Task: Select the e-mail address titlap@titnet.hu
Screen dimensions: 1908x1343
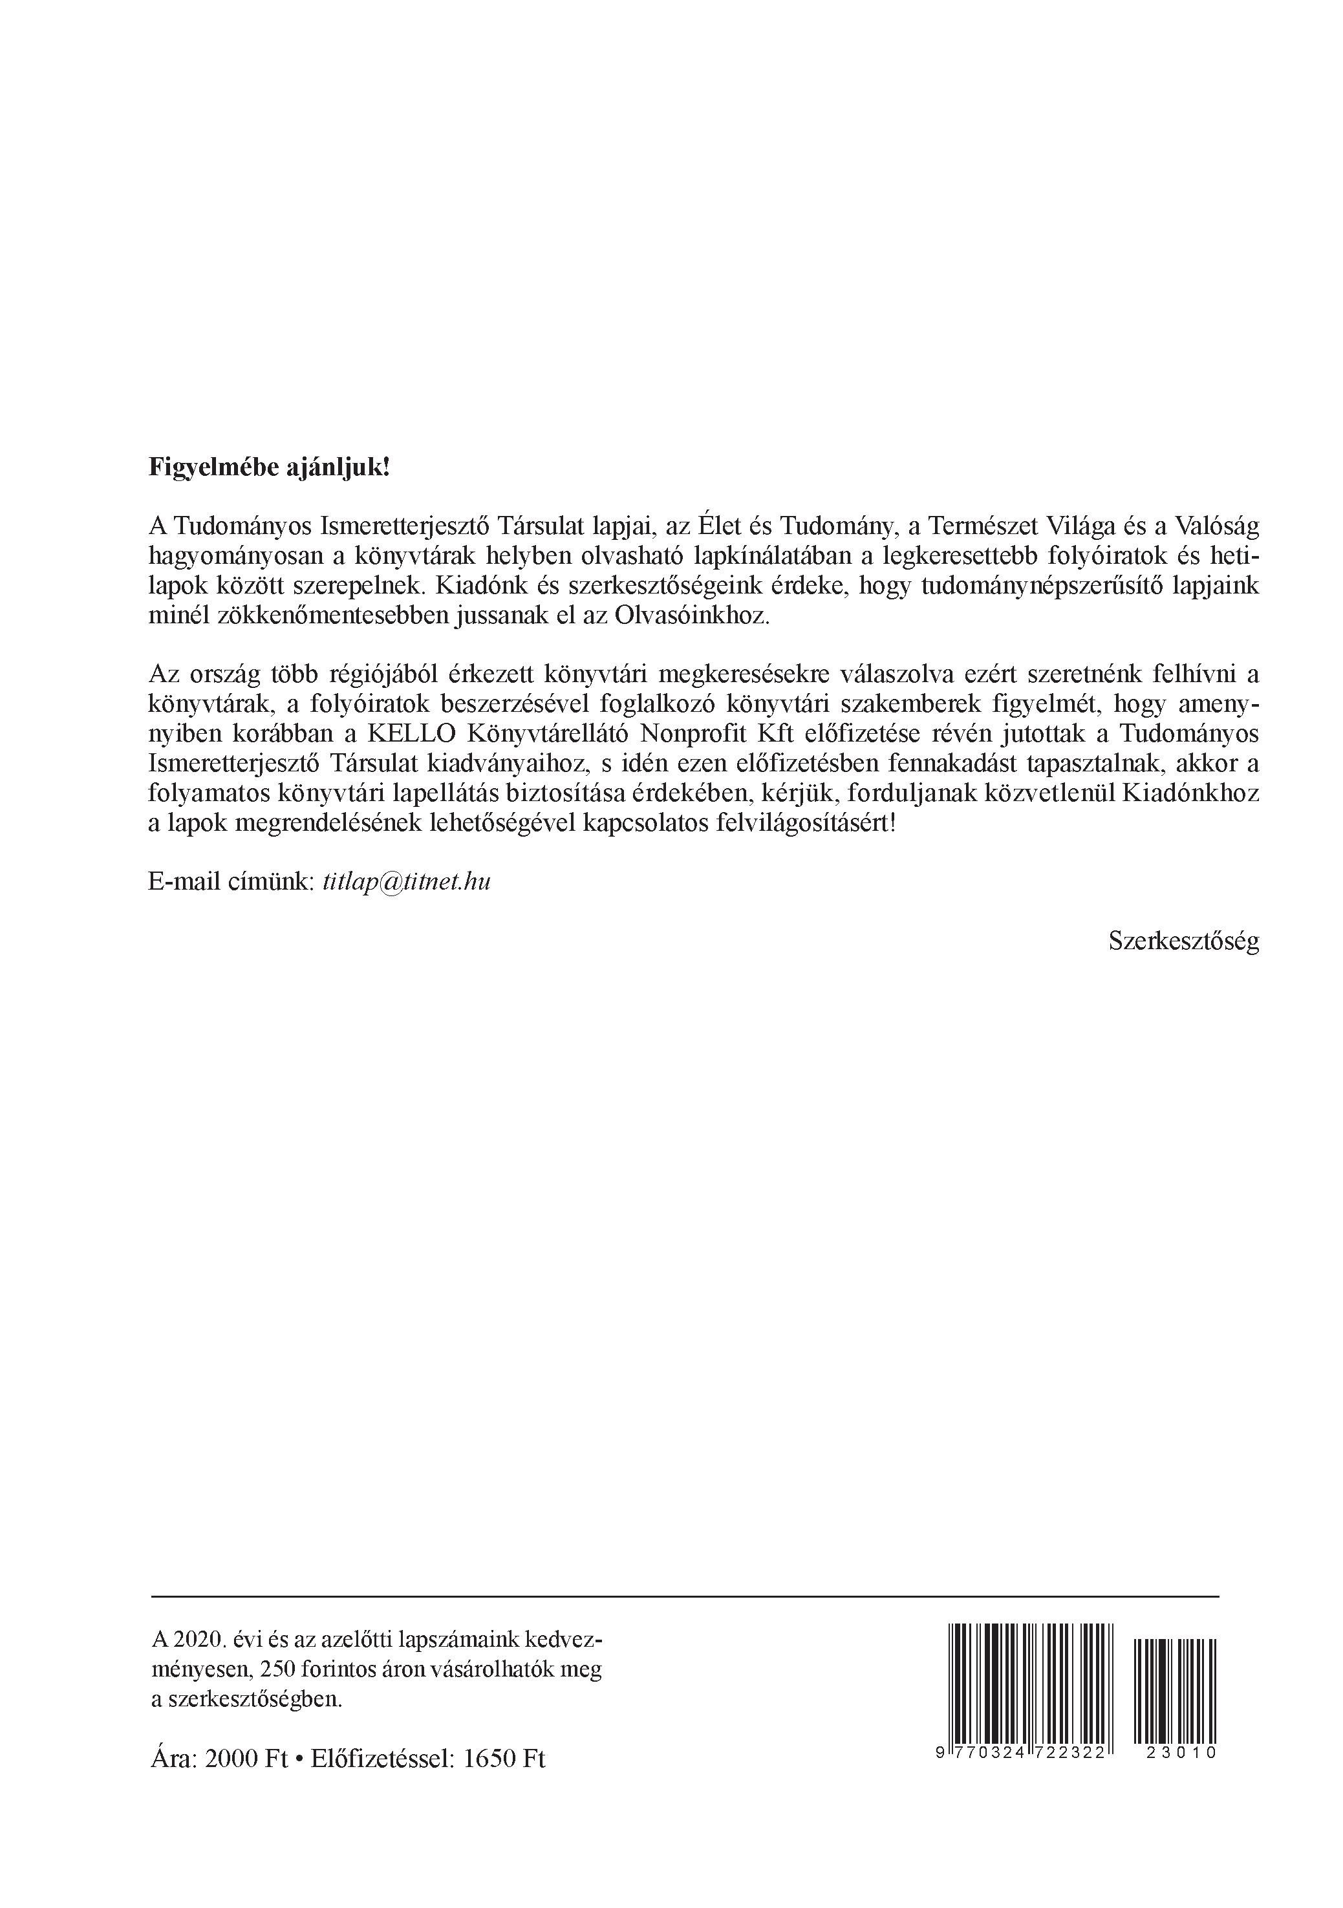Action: [x=405, y=882]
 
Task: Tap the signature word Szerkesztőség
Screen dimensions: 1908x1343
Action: [x=1183, y=940]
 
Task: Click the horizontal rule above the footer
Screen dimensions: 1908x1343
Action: [x=684, y=1596]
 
